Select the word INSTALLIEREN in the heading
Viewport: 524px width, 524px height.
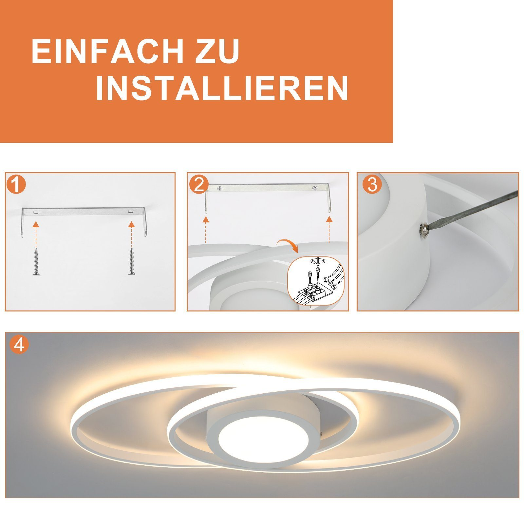(222, 89)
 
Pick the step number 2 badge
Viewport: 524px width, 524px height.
(198, 185)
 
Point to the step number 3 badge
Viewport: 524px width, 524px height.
(372, 185)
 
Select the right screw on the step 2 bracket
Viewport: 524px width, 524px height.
(315, 188)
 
